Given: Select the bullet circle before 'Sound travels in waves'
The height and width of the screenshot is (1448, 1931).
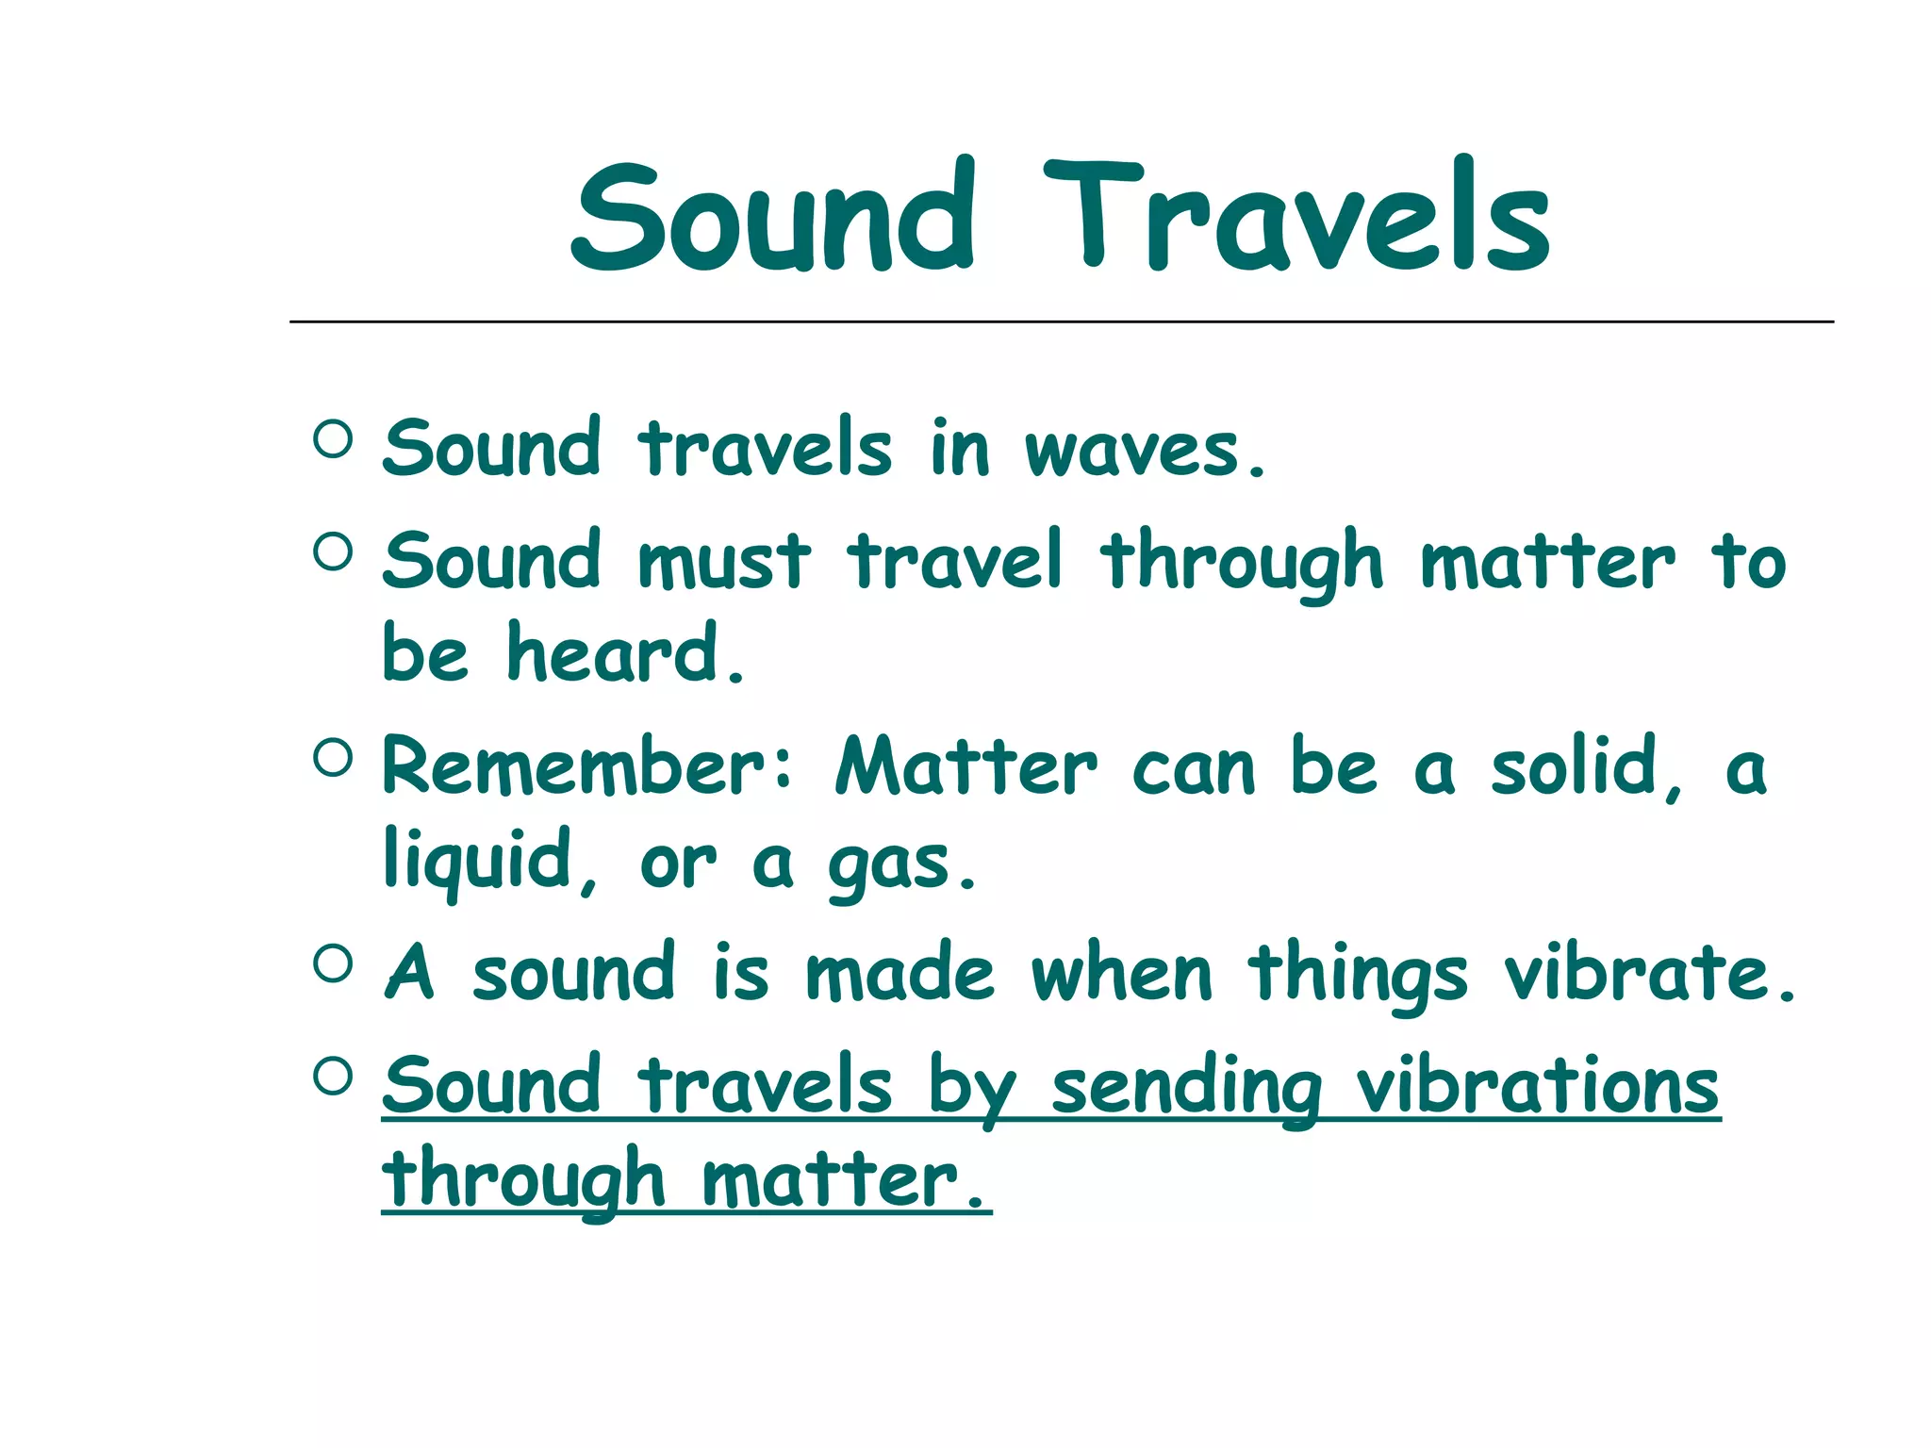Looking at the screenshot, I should pos(333,439).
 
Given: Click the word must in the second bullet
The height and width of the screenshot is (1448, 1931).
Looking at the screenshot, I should pos(723,563).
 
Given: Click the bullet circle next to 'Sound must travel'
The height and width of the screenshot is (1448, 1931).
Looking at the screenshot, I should pos(333,551).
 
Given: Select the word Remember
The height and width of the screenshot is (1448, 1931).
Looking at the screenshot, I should pos(573,767).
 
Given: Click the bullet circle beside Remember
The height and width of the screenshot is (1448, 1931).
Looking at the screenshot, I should pos(333,757).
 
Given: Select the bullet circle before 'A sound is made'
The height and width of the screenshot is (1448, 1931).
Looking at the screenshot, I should pos(333,963).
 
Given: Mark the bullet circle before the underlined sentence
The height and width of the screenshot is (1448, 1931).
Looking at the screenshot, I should pos(333,1076).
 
